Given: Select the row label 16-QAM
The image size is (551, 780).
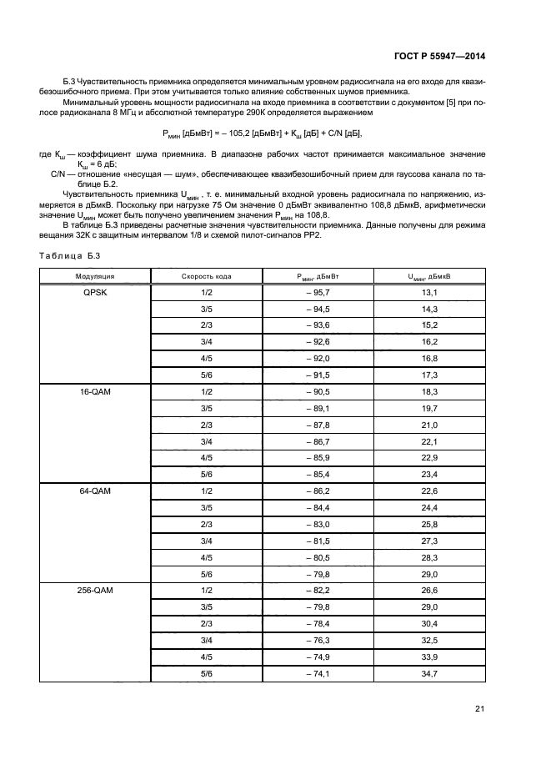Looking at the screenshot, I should [94, 390].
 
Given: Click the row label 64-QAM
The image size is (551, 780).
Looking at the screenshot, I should [94, 491].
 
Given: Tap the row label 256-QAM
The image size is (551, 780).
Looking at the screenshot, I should [94, 590].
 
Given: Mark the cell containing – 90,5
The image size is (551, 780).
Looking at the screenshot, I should [318, 390].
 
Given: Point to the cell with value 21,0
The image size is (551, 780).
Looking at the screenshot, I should [429, 424].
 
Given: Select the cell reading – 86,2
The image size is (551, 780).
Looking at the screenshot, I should [318, 491].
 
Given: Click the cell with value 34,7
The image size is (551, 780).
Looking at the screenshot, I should [429, 672].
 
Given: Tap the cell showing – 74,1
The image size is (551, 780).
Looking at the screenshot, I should [318, 672].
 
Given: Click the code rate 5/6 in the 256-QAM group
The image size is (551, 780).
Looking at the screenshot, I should [206, 672].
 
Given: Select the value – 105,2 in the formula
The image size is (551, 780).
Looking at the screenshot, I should [243, 133].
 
